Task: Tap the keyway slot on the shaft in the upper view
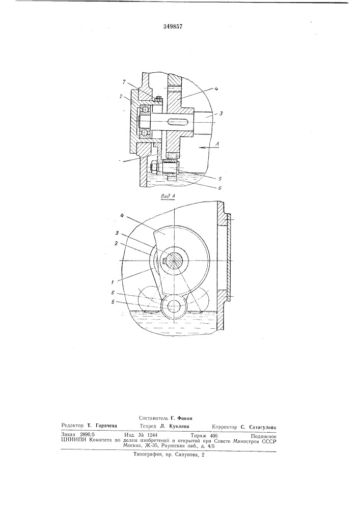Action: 175,121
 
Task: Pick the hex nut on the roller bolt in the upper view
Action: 154,166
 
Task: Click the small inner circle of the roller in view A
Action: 173,306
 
